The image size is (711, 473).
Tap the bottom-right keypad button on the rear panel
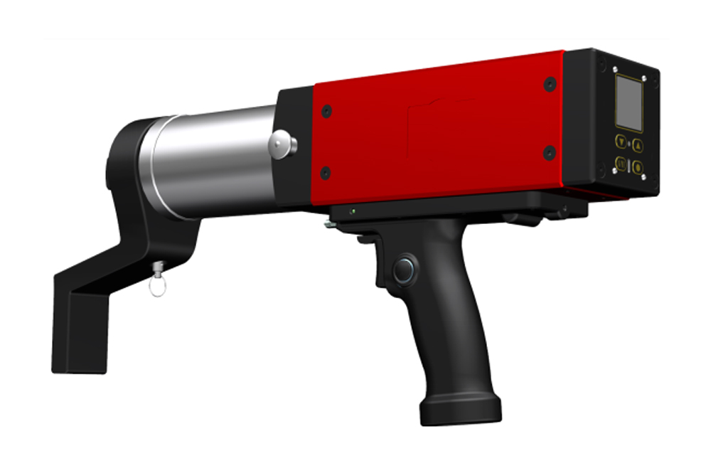[x=638, y=168]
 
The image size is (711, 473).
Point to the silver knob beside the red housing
[x=282, y=145]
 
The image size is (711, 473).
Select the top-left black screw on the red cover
[x=326, y=112]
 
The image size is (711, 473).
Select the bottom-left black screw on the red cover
[x=326, y=173]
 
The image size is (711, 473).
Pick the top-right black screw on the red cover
[x=550, y=84]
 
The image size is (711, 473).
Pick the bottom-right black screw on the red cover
[x=549, y=152]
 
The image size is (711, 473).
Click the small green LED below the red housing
[x=352, y=211]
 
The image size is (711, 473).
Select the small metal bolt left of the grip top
[x=328, y=225]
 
